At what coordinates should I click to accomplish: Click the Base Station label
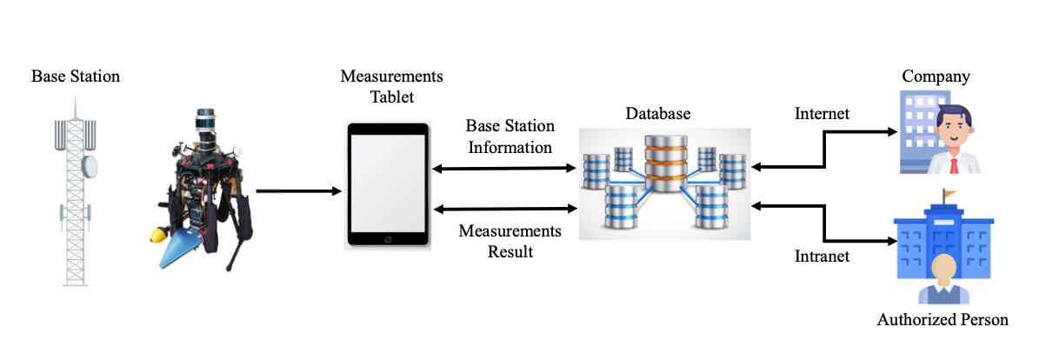pos(76,76)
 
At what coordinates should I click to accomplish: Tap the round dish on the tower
pos(90,164)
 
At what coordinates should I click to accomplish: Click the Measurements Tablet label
pos(391,86)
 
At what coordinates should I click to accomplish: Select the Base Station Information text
pos(510,137)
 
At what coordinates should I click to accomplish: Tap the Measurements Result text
pos(510,241)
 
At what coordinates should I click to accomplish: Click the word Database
pos(658,114)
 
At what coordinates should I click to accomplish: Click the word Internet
pos(822,113)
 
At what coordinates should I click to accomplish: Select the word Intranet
pos(822,257)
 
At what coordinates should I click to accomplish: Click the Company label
pos(936,77)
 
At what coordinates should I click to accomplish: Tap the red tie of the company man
pos(955,163)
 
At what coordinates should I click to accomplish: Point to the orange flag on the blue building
pos(948,193)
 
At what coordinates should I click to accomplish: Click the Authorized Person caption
pos(942,320)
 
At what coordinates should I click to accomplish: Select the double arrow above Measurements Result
pos(505,209)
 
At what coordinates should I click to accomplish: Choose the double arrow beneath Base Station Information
pos(505,166)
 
